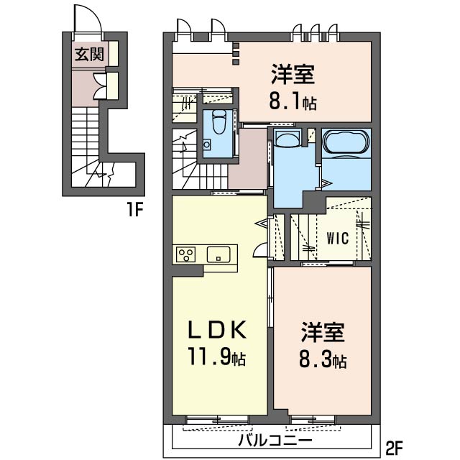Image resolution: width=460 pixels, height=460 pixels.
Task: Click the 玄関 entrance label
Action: click(89, 54)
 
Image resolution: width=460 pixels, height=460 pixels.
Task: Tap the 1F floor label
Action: click(135, 209)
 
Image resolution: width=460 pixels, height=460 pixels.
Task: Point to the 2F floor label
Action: click(395, 447)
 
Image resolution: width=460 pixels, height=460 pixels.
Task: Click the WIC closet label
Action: click(338, 238)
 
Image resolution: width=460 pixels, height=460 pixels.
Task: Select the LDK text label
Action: click(217, 329)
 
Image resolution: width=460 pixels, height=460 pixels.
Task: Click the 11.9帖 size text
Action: click(217, 356)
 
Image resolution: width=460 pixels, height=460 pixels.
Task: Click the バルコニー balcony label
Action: click(275, 440)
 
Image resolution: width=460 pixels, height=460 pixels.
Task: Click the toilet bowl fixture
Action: click(218, 122)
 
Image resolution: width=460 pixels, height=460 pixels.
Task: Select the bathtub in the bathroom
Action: click(346, 142)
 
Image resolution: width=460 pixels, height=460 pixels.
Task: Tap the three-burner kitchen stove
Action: click(185, 254)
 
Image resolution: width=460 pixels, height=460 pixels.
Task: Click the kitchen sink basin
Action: click(218, 254)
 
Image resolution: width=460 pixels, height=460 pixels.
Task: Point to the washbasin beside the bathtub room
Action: click(287, 137)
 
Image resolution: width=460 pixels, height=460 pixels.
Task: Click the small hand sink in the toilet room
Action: click(208, 144)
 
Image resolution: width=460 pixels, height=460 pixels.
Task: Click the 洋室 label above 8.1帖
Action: click(293, 75)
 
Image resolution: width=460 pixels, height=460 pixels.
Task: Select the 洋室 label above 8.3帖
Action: click(323, 332)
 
